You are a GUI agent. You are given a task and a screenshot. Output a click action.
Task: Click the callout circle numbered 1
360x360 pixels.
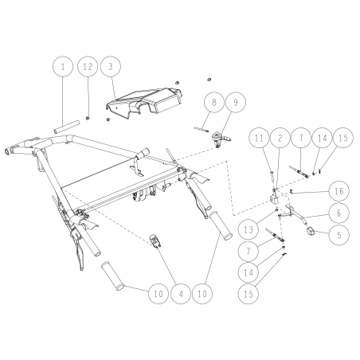(x=63, y=66)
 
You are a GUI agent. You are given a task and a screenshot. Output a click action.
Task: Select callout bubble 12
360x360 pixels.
(x=88, y=66)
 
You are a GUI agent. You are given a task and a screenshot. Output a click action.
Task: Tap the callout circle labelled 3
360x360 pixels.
(x=111, y=66)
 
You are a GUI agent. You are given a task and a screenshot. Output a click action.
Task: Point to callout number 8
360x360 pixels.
(x=214, y=102)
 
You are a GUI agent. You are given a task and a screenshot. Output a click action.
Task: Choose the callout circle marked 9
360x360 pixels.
(x=236, y=102)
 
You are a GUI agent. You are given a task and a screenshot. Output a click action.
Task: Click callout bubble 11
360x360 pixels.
(x=259, y=138)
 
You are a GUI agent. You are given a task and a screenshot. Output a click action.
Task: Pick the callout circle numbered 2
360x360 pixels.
(x=280, y=138)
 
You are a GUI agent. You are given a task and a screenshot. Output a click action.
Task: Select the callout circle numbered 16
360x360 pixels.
(x=338, y=190)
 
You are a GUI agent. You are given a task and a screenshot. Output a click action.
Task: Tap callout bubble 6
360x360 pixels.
(x=338, y=213)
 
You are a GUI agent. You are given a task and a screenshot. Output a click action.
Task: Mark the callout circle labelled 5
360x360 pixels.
(x=338, y=235)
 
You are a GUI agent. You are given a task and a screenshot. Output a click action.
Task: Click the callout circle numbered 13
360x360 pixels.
(x=248, y=229)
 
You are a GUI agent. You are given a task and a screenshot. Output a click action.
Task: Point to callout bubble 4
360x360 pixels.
(x=181, y=294)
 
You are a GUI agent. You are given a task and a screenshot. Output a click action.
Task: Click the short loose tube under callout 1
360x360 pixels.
(x=67, y=127)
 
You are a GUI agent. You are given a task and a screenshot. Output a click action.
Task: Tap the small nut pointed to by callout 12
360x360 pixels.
(x=87, y=118)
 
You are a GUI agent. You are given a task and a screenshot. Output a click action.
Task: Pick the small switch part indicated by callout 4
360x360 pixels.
(x=155, y=241)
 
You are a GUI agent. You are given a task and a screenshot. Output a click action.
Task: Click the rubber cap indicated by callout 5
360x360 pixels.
(x=311, y=231)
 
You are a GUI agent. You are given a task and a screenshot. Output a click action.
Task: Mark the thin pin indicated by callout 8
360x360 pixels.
(x=202, y=129)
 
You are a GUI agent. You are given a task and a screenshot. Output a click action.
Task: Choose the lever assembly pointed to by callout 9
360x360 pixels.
(x=221, y=139)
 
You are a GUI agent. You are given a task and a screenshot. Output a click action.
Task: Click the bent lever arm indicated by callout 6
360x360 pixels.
(x=292, y=213)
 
